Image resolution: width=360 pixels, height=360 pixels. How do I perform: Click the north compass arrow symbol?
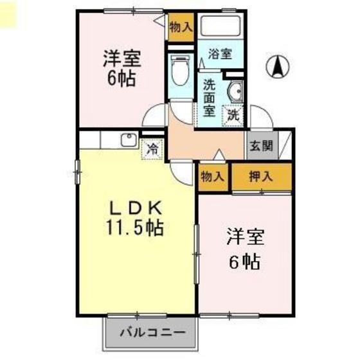(278, 66)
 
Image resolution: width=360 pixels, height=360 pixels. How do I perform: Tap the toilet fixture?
(180, 70)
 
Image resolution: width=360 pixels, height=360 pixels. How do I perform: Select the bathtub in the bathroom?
(221, 26)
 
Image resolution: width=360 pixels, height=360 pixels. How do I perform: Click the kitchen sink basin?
(129, 139)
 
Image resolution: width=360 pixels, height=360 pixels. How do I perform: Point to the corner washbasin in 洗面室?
(235, 91)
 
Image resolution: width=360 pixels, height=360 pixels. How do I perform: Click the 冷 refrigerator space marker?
(153, 148)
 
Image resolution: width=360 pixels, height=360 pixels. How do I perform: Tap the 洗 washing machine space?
(233, 116)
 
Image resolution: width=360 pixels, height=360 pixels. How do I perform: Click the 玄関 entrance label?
(261, 145)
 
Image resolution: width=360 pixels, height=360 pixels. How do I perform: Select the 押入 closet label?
(261, 177)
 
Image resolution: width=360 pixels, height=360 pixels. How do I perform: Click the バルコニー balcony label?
(152, 332)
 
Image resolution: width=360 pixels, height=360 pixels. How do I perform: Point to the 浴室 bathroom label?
(220, 54)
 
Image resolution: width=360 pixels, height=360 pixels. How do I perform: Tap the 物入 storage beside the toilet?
(181, 27)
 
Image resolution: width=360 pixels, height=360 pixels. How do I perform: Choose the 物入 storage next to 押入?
(212, 177)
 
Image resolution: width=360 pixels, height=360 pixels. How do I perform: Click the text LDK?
(136, 208)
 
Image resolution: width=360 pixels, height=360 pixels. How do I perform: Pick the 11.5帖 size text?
(135, 228)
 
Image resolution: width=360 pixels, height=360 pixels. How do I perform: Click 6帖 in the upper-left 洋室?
(122, 78)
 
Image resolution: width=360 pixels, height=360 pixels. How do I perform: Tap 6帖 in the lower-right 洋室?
(245, 262)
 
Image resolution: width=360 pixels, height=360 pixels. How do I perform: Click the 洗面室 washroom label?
(209, 98)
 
